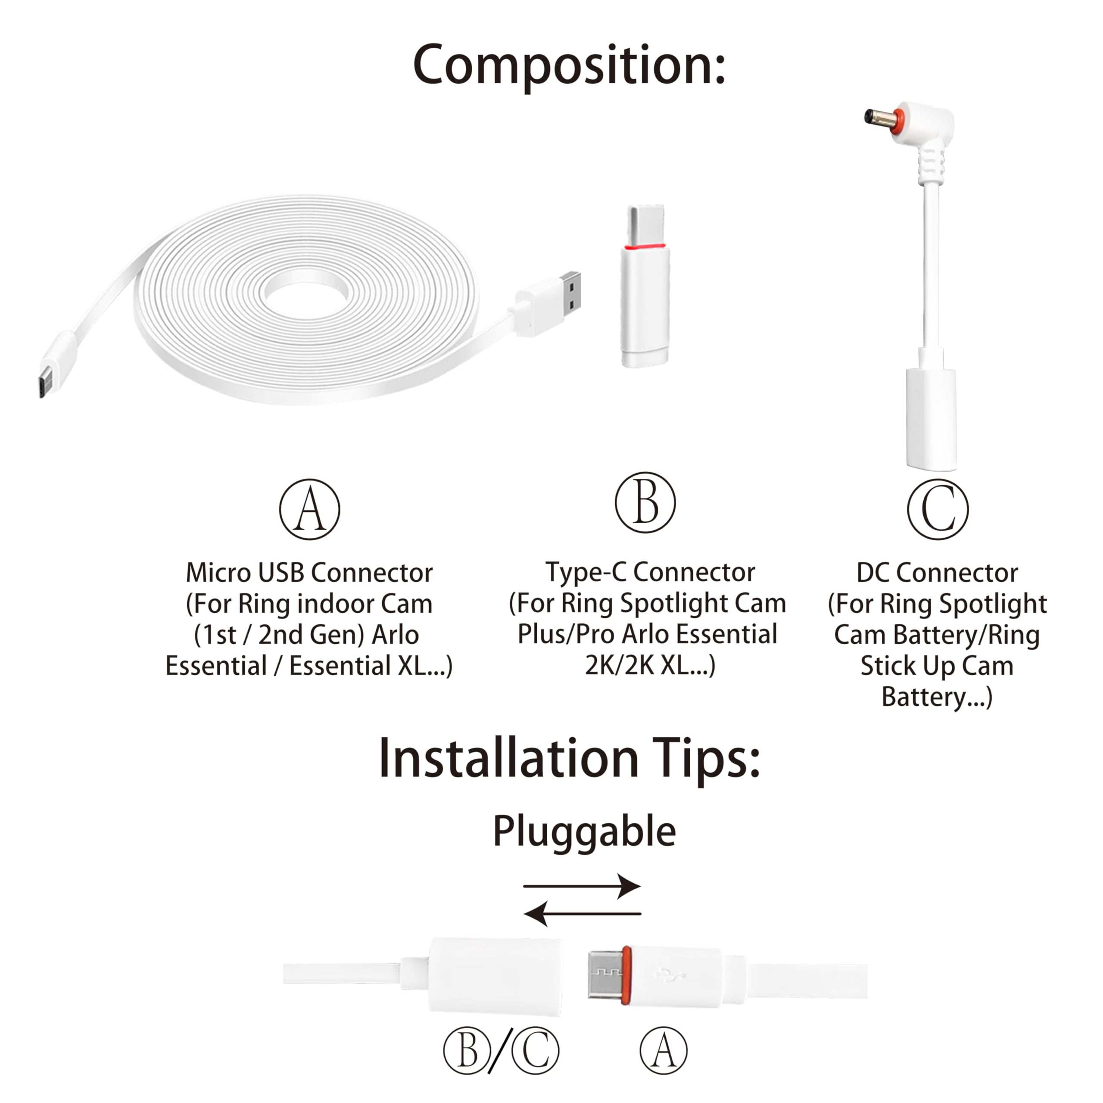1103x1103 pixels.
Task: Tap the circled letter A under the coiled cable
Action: coord(309,509)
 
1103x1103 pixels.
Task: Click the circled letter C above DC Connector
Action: coord(938,509)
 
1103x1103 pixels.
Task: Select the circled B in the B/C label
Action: coord(467,1050)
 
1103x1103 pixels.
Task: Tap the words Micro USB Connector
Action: coord(309,573)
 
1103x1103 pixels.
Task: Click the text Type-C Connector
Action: coord(650,572)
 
